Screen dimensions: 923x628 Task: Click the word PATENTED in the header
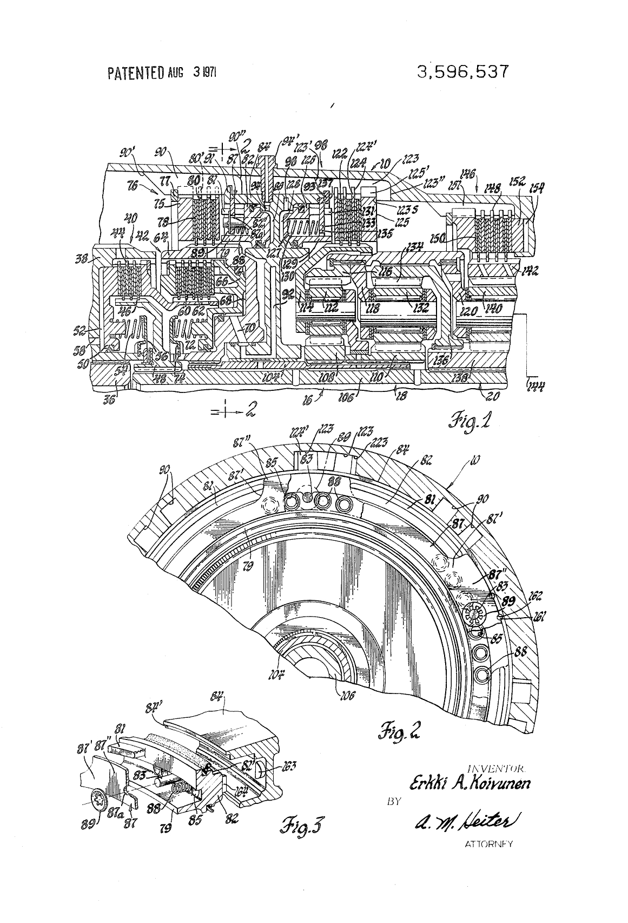(x=136, y=73)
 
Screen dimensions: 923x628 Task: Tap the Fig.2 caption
(x=397, y=734)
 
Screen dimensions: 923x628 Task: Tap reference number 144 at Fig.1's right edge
(x=536, y=385)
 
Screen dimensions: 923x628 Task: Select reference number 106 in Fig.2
(x=345, y=696)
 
